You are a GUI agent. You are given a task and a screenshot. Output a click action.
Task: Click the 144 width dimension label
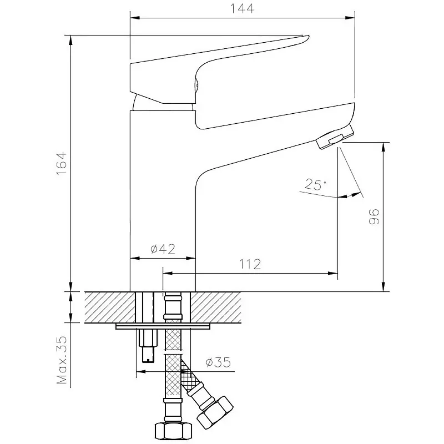tap(241, 8)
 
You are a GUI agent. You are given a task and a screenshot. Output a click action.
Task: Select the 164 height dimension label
tap(62, 163)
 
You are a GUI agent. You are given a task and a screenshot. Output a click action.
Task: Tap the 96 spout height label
tap(374, 217)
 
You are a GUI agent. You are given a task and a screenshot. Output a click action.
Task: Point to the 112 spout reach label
tap(250, 264)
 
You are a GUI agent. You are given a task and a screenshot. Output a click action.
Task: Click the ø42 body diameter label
tap(163, 249)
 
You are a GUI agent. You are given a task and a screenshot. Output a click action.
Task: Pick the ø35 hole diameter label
tap(218, 362)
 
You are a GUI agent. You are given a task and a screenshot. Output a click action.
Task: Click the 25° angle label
tap(315, 184)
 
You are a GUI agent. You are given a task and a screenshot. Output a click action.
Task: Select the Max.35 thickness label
tap(62, 360)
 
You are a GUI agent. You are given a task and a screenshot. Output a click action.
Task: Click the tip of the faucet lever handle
tap(307, 37)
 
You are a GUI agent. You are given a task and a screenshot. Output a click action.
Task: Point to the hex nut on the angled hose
tap(215, 412)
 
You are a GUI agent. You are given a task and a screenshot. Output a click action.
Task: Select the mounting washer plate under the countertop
tap(163, 326)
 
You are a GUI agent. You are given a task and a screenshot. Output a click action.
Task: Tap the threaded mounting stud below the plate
tap(148, 345)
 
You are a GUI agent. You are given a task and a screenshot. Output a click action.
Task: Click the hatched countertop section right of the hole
tap(216, 307)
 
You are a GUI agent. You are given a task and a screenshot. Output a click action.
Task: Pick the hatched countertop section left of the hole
tap(110, 307)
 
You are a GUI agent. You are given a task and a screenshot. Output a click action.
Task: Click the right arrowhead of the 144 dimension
tap(351, 18)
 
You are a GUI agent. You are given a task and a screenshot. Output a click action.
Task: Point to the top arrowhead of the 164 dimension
tap(71, 40)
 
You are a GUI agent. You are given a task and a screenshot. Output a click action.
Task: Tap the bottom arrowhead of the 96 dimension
tap(384, 287)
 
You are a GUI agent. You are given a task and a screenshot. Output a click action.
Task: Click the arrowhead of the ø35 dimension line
tap(141, 371)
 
